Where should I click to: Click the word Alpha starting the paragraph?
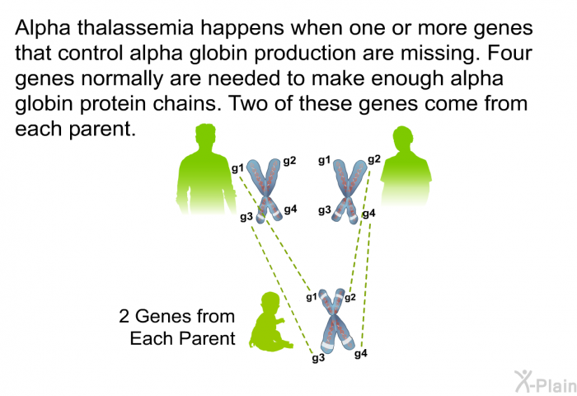pos(42,27)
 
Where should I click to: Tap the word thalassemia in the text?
pos(135,27)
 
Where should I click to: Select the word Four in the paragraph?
pos(509,53)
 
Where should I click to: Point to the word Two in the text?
pos(250,103)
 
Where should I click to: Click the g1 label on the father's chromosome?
pos(237,168)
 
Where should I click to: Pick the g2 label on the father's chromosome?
pos(289,161)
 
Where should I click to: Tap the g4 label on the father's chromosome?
pos(290,210)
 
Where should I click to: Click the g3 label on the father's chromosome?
pos(246,216)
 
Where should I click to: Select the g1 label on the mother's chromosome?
pos(325,160)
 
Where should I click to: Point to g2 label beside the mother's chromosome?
pos(374,159)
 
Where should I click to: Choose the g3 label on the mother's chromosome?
pos(325,210)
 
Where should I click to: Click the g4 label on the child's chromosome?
pos(361,354)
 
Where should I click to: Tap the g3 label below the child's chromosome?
pos(318,358)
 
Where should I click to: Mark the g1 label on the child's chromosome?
pos(312,297)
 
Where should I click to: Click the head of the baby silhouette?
pos(270,303)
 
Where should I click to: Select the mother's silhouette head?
pos(403,139)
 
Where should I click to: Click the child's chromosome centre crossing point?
pos(333,315)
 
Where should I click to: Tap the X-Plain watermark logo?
pos(546,381)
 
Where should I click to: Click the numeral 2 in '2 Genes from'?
pos(124,317)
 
